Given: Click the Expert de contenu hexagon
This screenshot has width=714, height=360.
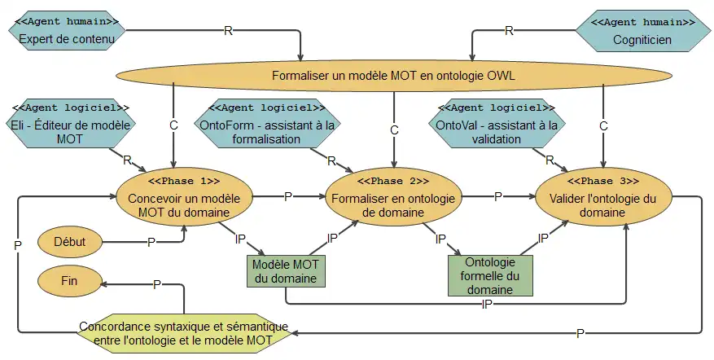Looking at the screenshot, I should click(68, 30).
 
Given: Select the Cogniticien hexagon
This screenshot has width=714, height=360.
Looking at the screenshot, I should click(641, 30).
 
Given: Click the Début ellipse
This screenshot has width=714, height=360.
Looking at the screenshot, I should click(69, 241).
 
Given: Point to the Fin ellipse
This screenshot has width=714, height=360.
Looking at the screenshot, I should click(69, 280).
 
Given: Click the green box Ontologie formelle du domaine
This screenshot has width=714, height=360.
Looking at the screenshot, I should click(489, 275).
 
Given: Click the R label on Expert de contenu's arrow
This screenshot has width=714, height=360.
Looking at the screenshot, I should click(229, 31).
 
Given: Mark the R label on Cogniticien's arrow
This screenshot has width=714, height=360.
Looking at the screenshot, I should click(509, 31).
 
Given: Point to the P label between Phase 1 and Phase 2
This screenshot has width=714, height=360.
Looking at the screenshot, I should click(287, 196).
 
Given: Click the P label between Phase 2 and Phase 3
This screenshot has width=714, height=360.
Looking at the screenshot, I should click(497, 196).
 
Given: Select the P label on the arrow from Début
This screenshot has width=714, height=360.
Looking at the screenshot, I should click(150, 242).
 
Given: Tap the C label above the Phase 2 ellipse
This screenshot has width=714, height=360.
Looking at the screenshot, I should click(394, 130).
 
